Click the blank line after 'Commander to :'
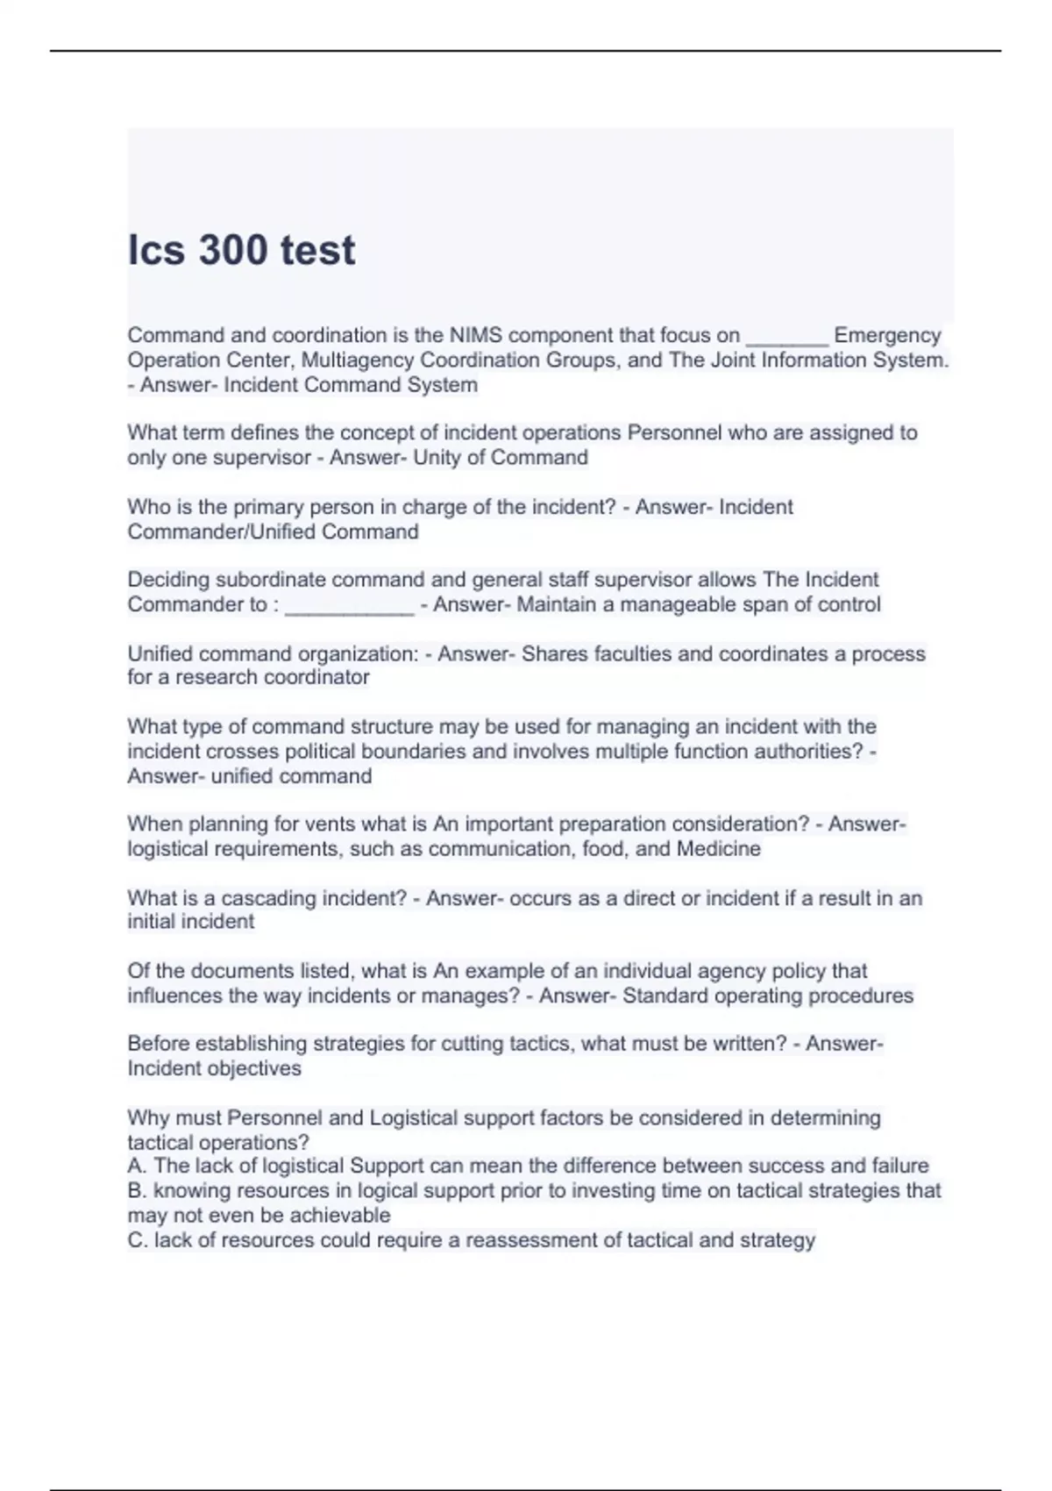[x=349, y=605]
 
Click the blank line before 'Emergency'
[x=786, y=337]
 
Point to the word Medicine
[x=718, y=848]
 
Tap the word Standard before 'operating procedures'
[x=665, y=995]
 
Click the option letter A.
[x=135, y=1166]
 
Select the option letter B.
[x=135, y=1190]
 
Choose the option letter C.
[x=135, y=1240]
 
